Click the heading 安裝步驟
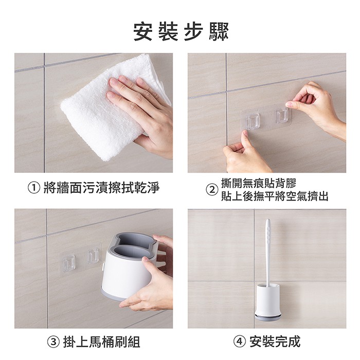(181, 32)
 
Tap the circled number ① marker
(34, 188)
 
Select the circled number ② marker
(211, 190)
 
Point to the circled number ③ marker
(53, 341)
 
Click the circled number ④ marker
(240, 341)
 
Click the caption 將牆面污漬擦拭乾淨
(101, 188)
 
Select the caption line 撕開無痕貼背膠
(259, 183)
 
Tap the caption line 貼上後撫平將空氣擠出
(275, 196)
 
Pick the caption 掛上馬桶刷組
(101, 341)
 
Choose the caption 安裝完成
(275, 341)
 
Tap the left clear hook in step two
(253, 121)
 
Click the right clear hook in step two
(282, 116)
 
